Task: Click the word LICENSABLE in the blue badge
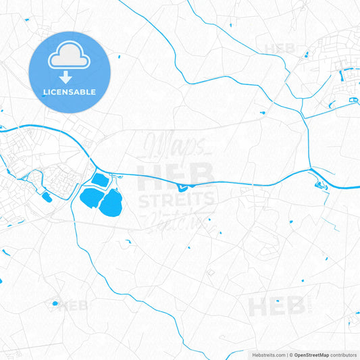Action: [70, 91]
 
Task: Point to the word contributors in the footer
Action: [344, 354]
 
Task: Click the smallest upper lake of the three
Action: [99, 180]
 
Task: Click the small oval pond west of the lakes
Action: [47, 197]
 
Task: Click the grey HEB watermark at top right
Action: [280, 48]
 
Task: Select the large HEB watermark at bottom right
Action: [277, 306]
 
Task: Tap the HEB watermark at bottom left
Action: [72, 306]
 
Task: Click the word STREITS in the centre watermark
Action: [176, 199]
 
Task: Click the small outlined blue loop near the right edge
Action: [353, 101]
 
